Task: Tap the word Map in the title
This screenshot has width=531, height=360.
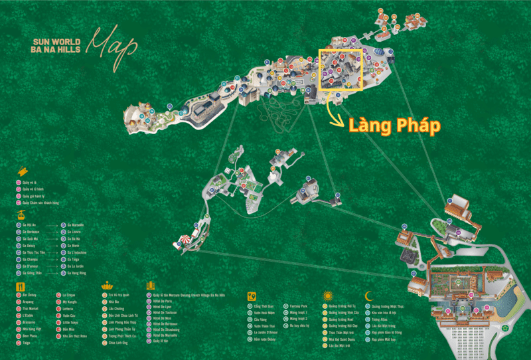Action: pos(114,42)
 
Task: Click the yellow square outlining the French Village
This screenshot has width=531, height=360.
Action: pos(340,69)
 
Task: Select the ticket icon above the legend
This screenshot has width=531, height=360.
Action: pos(22,171)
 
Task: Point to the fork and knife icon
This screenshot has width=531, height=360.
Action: pos(20,287)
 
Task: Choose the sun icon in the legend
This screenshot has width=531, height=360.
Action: pos(327,296)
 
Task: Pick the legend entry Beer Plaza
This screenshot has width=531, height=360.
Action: pos(32,336)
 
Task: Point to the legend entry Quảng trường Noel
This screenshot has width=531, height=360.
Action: pos(341,319)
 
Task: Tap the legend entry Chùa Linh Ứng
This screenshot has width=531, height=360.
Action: pos(119,343)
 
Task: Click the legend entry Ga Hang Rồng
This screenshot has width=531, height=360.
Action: pos(79,272)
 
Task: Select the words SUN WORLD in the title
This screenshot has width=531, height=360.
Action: pos(50,42)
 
